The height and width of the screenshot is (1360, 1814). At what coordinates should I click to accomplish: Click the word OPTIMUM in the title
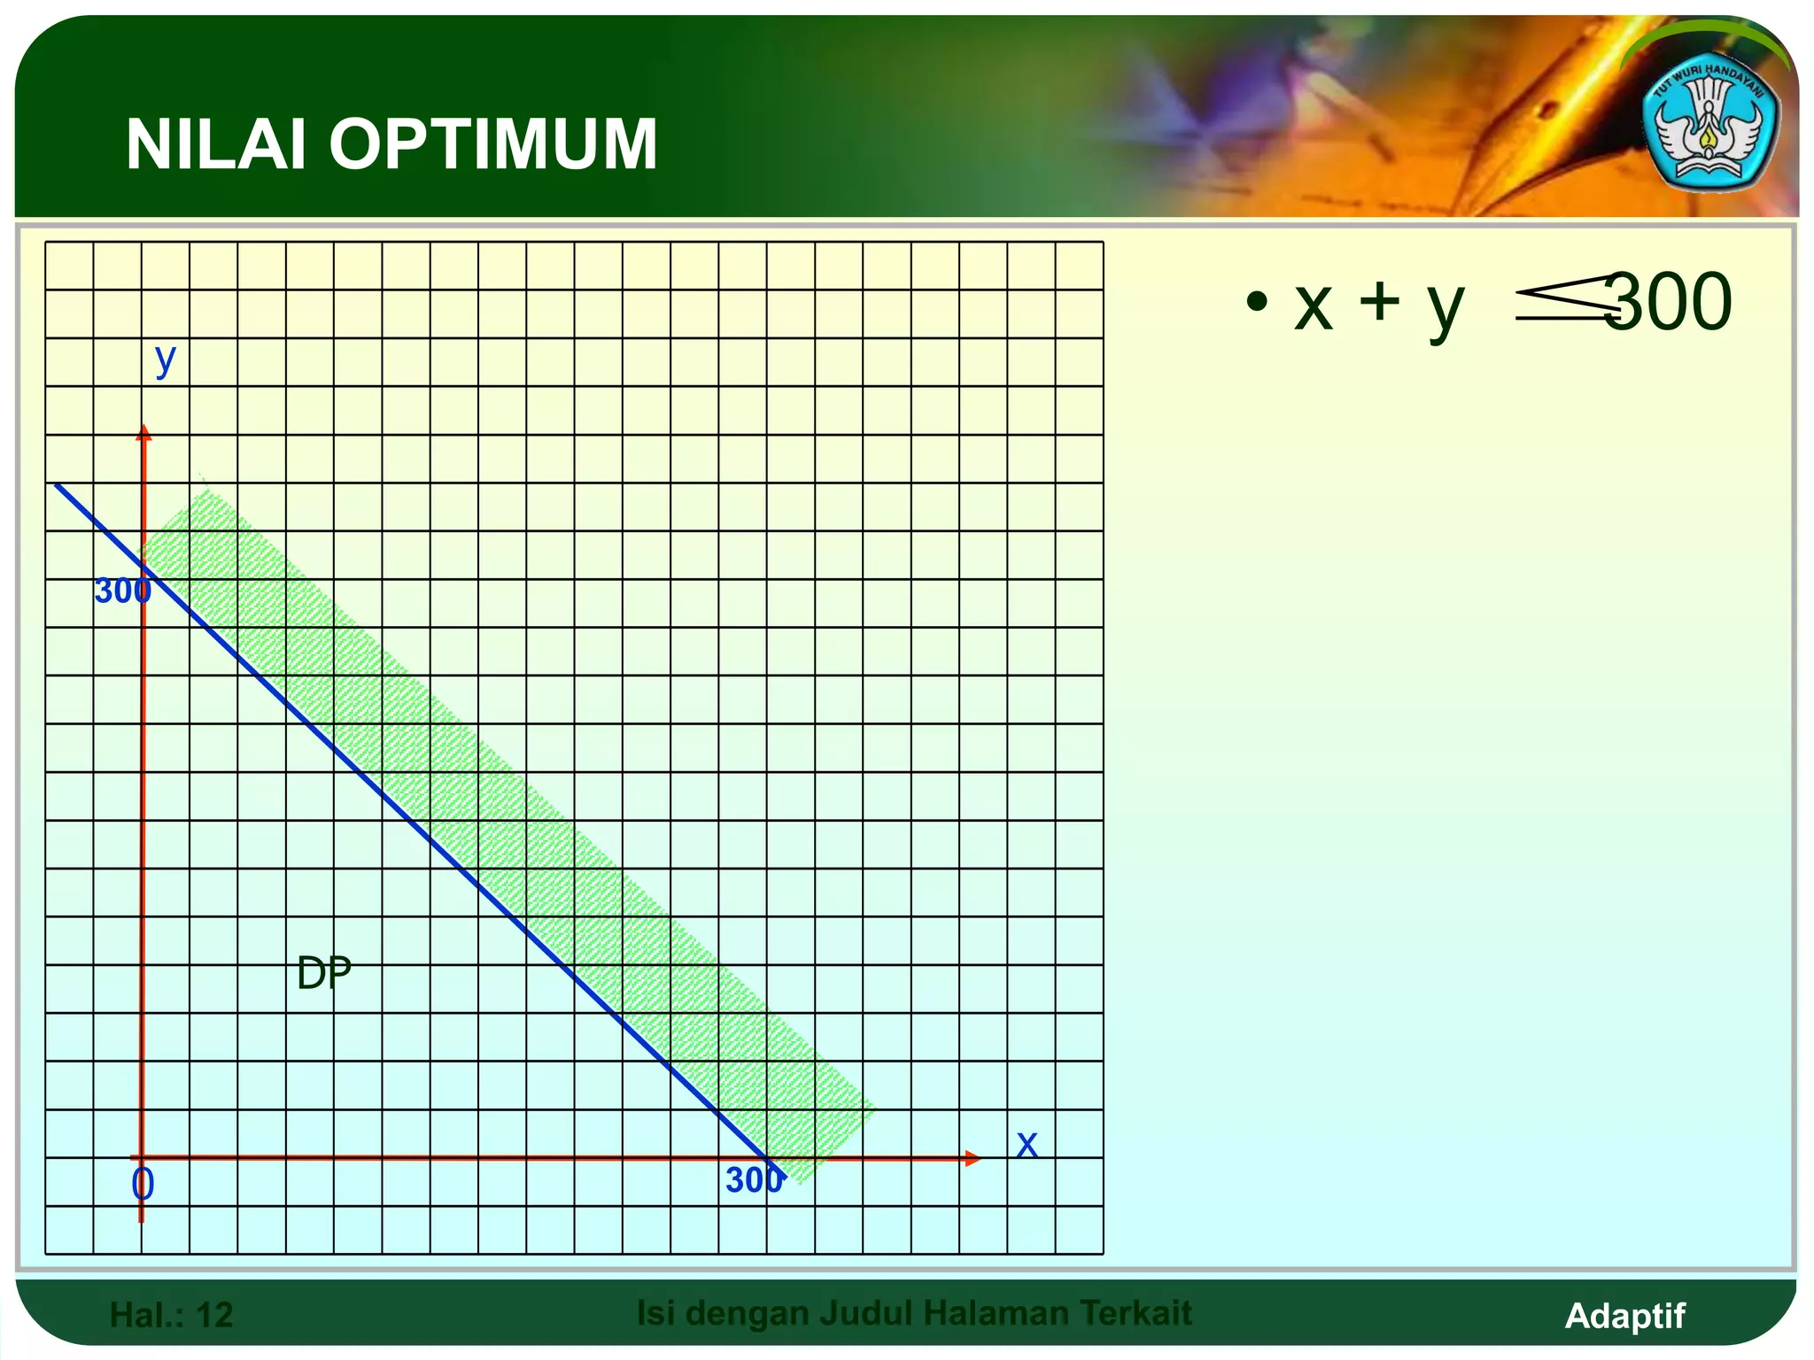(x=493, y=144)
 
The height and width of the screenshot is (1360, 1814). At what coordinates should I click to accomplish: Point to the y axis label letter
(x=165, y=359)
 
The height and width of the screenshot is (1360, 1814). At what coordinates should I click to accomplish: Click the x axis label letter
(x=1027, y=1144)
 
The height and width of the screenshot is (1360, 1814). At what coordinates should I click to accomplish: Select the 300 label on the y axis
(x=122, y=591)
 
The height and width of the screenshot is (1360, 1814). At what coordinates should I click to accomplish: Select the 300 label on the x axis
(x=754, y=1180)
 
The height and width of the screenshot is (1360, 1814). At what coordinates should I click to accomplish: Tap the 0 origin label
(x=143, y=1184)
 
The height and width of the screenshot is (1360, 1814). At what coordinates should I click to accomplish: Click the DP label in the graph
(x=324, y=973)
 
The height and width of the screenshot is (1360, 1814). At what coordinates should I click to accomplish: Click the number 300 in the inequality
(x=1669, y=303)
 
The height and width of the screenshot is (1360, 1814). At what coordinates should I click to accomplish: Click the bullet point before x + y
(x=1255, y=302)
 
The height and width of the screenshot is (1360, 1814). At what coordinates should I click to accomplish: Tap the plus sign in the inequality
(x=1379, y=301)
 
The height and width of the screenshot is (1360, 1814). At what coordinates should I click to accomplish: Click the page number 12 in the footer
(x=214, y=1315)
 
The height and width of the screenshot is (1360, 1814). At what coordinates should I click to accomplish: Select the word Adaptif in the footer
(x=1624, y=1315)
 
